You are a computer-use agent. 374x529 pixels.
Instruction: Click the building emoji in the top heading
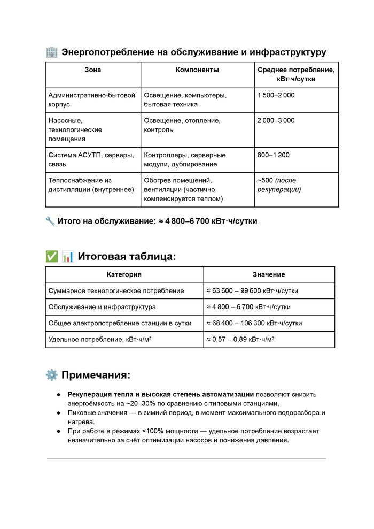tap(52, 52)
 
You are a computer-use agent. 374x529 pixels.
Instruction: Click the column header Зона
tap(92, 70)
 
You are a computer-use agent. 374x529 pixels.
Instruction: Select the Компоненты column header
tap(197, 70)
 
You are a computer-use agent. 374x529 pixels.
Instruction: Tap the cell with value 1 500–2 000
tap(276, 95)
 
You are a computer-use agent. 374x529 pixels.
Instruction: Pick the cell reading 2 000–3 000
tap(276, 120)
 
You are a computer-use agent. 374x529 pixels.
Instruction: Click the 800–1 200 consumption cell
tap(273, 155)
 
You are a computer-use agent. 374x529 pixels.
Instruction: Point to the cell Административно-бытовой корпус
tap(91, 99)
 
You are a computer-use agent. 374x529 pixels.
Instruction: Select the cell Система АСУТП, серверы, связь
tap(91, 159)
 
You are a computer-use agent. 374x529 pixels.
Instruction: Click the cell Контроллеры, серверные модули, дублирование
tap(184, 159)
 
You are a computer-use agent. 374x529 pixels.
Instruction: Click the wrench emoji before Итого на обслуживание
tap(51, 221)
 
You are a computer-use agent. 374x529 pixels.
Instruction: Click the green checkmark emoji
tap(52, 256)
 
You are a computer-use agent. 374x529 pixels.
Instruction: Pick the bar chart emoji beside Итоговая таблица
tap(68, 256)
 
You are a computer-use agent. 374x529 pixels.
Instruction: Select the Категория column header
tap(124, 274)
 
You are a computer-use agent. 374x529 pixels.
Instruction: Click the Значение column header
tap(269, 274)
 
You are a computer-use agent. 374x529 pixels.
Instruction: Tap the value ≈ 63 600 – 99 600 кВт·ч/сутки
tap(252, 291)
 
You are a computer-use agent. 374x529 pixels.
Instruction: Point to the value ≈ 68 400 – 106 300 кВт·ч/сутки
tap(254, 323)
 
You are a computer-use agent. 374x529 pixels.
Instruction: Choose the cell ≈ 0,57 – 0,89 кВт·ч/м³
tap(240, 339)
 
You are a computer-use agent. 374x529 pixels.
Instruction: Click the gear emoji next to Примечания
tap(52, 375)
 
